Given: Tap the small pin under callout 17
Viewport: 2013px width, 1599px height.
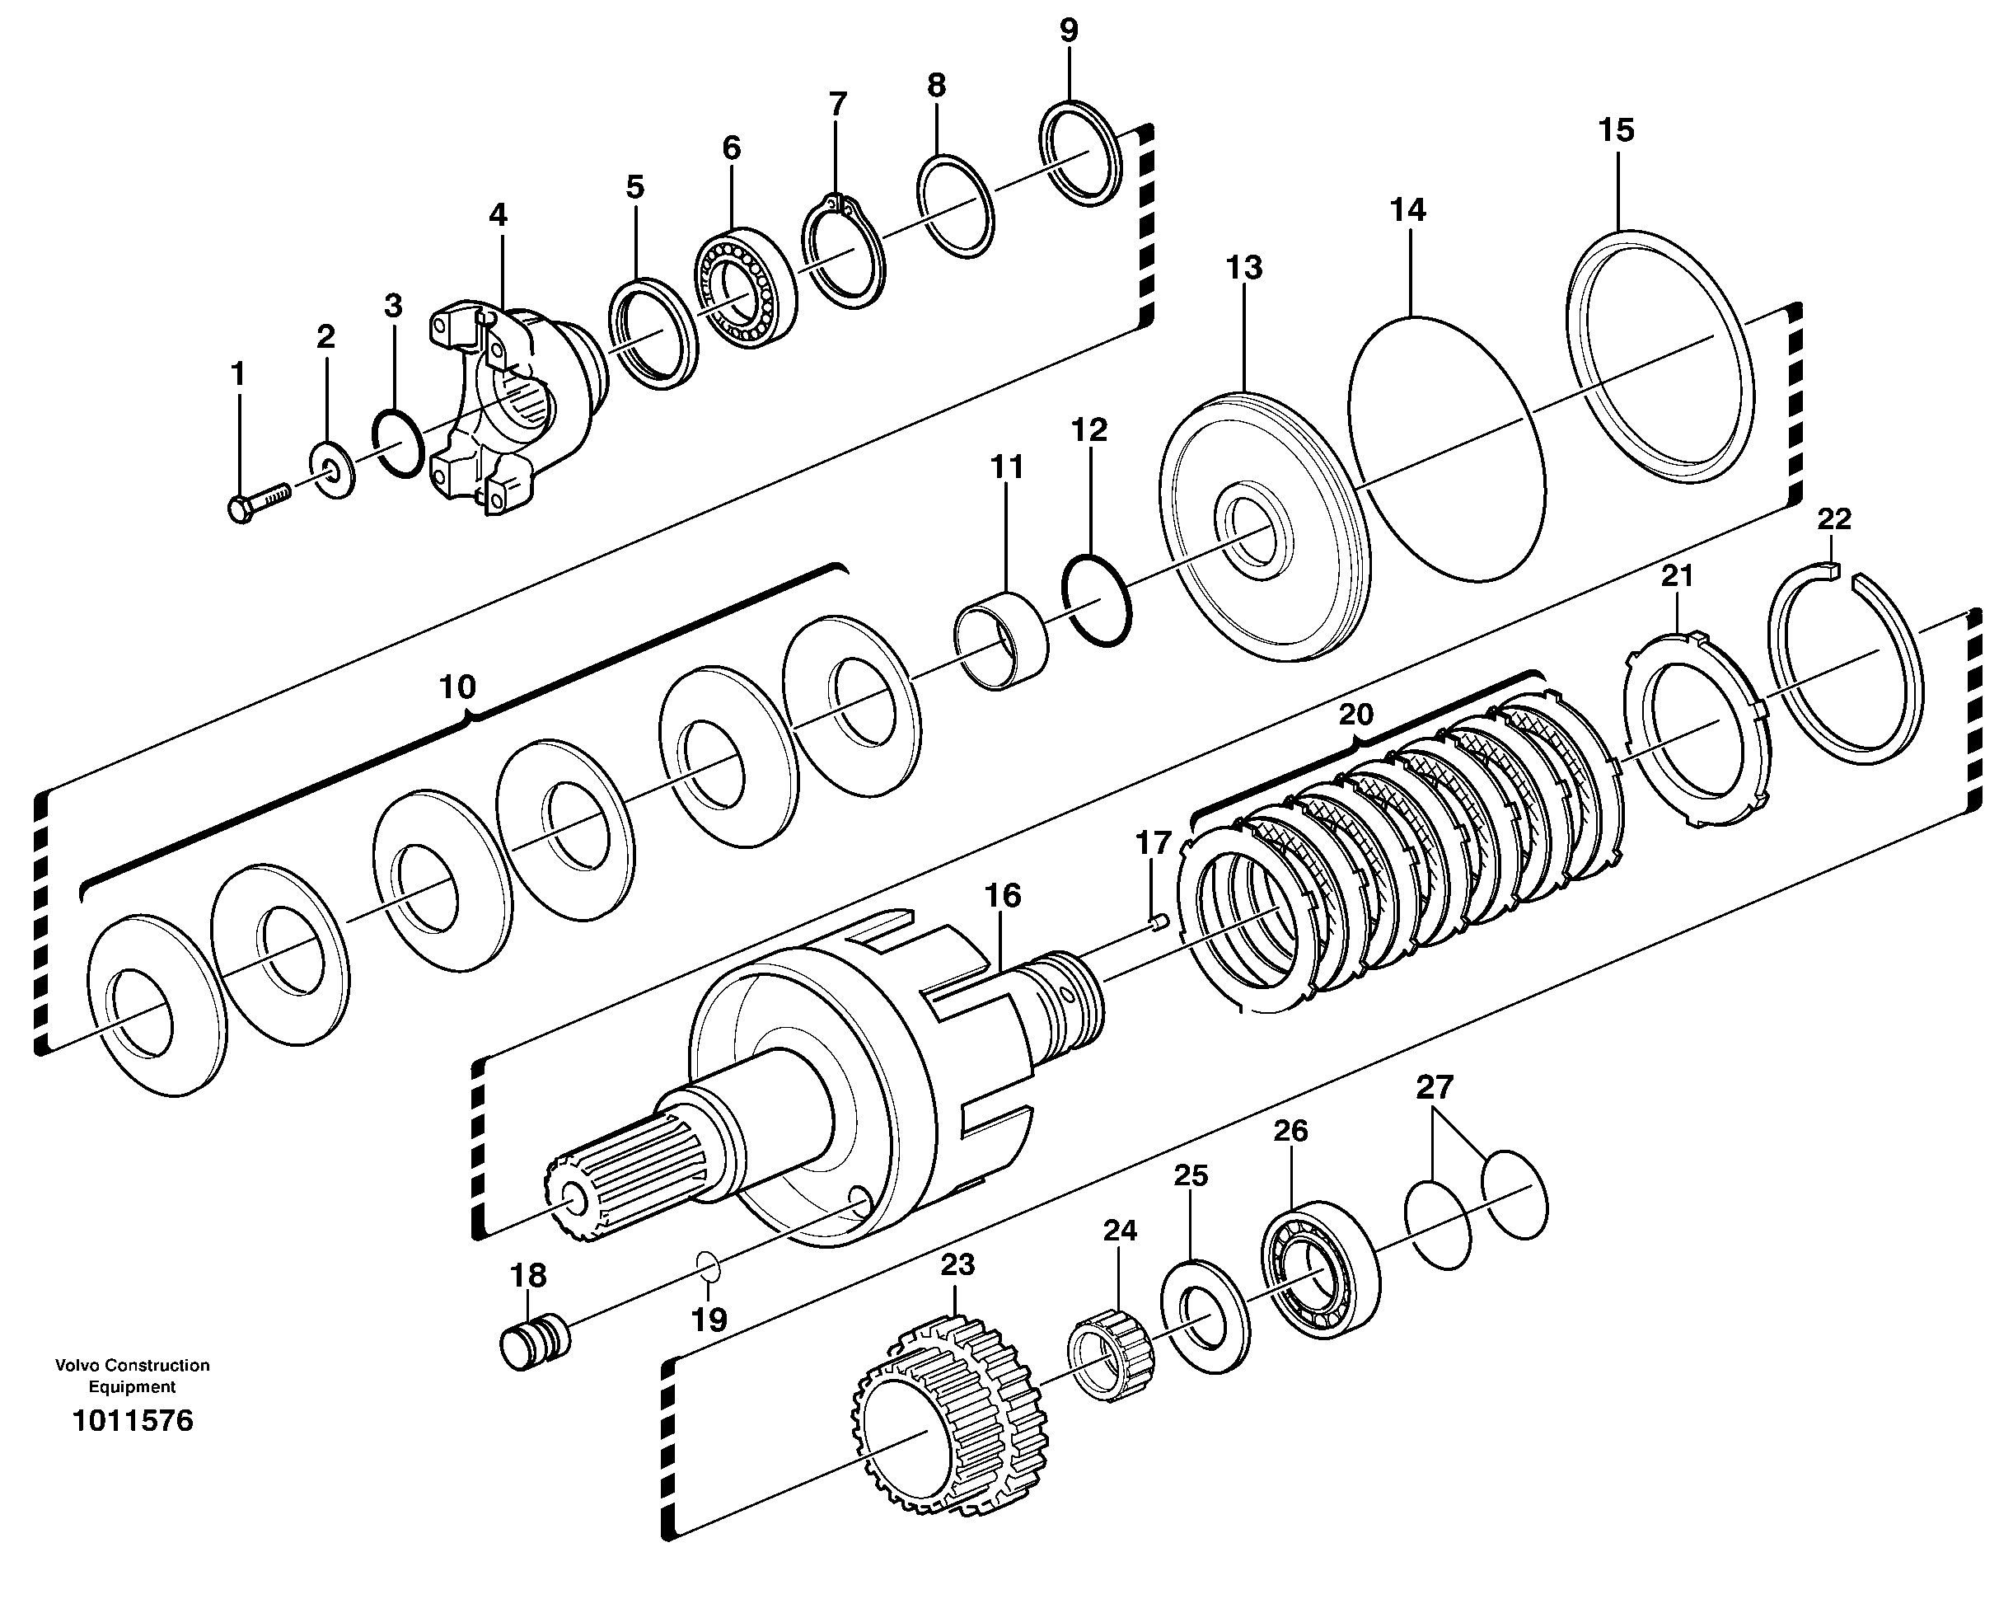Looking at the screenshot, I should [1159, 923].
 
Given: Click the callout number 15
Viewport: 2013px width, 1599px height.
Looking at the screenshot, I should [1616, 131].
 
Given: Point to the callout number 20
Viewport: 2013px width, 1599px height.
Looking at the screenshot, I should [1355, 715].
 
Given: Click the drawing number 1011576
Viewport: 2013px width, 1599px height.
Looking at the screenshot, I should [133, 1421].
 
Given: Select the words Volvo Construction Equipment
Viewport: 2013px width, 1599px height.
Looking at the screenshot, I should [132, 1376].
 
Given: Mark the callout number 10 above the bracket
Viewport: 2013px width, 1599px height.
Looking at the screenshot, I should [456, 687].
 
